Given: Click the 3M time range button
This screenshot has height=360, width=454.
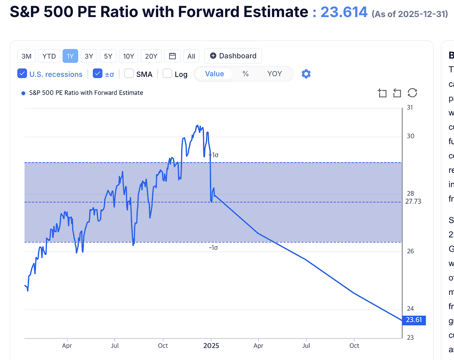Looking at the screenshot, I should [x=27, y=56].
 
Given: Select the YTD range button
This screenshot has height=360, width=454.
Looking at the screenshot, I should [x=49, y=56].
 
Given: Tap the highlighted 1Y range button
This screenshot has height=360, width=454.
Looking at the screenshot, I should [x=70, y=56].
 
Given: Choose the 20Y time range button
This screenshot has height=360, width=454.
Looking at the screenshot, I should [x=151, y=56].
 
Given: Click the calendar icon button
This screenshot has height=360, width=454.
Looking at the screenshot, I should [x=172, y=56].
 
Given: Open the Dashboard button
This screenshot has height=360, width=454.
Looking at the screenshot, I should [x=233, y=56].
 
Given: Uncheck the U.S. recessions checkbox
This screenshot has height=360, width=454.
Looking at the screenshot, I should [x=22, y=74].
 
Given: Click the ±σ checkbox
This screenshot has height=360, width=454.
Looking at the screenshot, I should [x=98, y=74].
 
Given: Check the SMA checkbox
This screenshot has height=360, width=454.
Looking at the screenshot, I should [x=129, y=74].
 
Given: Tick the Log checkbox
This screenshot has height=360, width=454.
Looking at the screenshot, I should [x=167, y=74].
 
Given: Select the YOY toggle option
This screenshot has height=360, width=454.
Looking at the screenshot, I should [x=275, y=74].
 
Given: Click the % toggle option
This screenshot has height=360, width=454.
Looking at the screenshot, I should [x=245, y=74].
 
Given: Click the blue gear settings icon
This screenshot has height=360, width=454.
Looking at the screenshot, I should [x=306, y=74].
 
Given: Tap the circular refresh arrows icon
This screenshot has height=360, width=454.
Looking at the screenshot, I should [x=412, y=93].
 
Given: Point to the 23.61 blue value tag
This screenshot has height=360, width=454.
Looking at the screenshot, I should [x=414, y=320].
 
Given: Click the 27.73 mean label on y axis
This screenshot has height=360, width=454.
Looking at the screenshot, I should [x=413, y=202].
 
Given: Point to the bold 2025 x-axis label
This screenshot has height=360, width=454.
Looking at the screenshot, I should [x=211, y=346].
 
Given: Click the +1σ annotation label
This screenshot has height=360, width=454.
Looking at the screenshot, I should [x=214, y=155].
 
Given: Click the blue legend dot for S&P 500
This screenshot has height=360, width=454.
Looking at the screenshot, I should [x=23, y=93].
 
